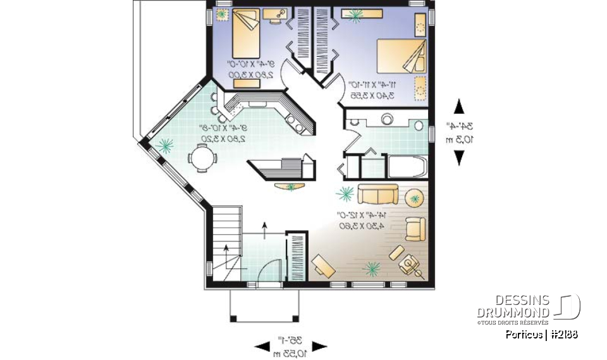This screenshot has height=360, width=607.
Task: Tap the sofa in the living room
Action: tap(377, 194)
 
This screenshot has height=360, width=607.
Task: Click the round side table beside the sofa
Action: tap(415, 197)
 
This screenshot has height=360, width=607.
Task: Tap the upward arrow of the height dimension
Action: tap(459, 107)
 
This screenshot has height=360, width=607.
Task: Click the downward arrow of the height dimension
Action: tap(459, 158)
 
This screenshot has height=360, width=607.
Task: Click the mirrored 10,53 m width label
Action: tap(290, 352)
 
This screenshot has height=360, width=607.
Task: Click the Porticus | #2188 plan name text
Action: tap(541, 335)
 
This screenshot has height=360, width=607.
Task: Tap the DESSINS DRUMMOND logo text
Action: tap(513, 306)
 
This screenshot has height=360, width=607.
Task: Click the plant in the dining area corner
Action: tap(165, 146)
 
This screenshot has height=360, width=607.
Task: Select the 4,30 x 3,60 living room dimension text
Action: tap(360, 225)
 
